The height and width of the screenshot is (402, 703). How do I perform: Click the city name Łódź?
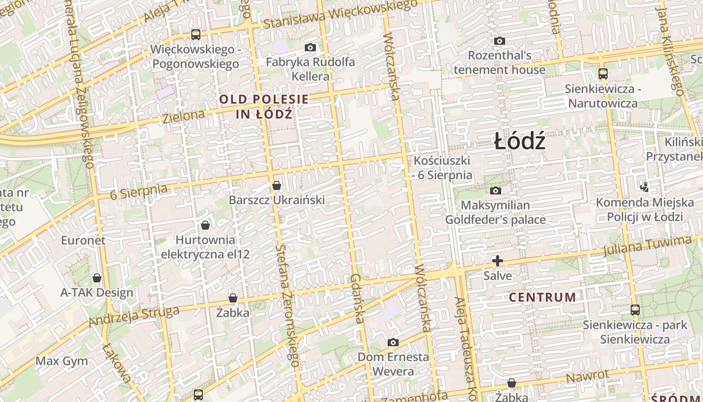click(x=520, y=142)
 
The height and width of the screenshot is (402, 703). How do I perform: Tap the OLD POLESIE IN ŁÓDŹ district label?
click(x=264, y=107)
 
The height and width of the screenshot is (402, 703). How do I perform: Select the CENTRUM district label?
click(x=542, y=297)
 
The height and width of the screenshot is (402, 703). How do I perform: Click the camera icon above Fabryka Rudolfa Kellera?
click(x=310, y=47)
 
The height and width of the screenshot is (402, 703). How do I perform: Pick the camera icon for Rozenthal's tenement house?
click(x=499, y=41)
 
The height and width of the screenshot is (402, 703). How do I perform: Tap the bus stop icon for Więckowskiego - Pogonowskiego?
click(x=196, y=35)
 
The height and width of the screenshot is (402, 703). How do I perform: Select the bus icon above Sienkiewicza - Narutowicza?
click(x=603, y=73)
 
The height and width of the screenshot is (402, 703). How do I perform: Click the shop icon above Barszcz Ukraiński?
click(x=276, y=185)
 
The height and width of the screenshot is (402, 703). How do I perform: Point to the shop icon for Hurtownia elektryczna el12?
click(x=205, y=225)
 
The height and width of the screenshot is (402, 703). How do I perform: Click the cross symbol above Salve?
click(x=498, y=261)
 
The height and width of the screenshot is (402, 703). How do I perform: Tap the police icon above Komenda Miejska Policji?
click(x=645, y=187)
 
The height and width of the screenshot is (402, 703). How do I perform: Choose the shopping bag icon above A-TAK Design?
click(x=97, y=278)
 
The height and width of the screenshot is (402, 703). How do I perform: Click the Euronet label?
click(x=83, y=240)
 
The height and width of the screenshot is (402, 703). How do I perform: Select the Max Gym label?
click(x=62, y=361)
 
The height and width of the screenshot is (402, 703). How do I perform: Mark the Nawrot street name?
click(x=588, y=376)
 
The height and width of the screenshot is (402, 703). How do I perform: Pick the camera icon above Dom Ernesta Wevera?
click(x=393, y=342)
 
